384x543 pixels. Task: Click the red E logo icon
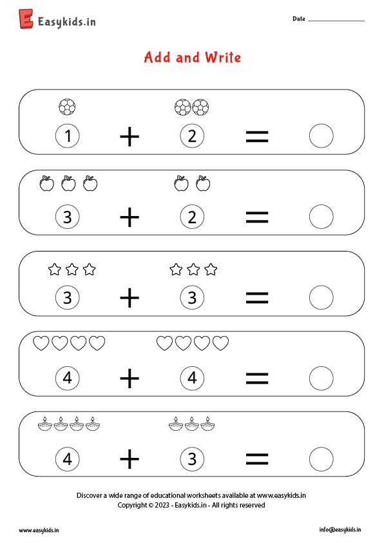coord(26,19)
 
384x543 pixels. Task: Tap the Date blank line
coord(336,21)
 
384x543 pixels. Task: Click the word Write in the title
coord(223,57)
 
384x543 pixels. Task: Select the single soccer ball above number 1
coord(67,107)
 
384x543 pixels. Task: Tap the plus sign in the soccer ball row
coord(130,137)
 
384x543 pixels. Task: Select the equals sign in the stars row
coord(257,298)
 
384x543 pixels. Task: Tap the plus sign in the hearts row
coord(130,378)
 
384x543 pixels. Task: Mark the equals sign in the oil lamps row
coord(257,459)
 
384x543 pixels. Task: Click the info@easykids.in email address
coord(340,530)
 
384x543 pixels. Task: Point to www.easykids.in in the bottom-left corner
coord(39,530)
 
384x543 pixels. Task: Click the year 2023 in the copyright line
coord(162,505)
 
